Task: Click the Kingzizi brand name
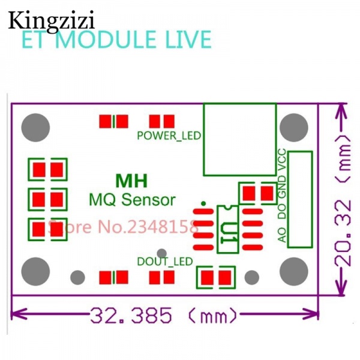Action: tap(52, 20)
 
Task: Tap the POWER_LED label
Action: tap(169, 135)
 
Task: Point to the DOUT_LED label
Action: tap(164, 261)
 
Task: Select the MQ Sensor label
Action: tap(132, 199)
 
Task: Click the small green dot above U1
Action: tap(205, 203)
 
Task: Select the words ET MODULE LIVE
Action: tap(117, 40)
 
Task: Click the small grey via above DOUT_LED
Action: tap(160, 253)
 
